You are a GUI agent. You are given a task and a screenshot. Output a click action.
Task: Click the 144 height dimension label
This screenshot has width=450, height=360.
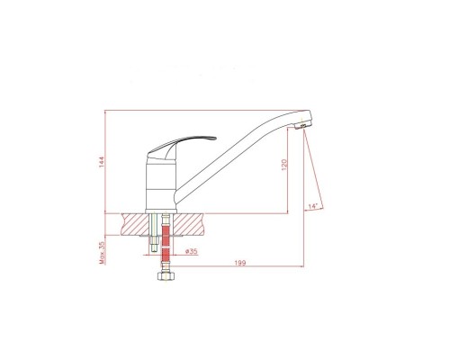click(x=102, y=162)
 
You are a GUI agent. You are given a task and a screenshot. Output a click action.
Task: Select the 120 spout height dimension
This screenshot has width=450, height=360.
click(x=284, y=165)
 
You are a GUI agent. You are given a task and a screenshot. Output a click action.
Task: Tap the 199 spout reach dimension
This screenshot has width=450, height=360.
click(x=240, y=263)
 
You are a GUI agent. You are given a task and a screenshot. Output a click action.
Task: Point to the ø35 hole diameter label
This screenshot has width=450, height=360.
click(x=192, y=251)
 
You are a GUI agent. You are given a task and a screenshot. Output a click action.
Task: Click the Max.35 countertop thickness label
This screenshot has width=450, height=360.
click(x=103, y=253)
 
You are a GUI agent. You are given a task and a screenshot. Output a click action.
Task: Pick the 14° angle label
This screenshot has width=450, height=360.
click(x=312, y=206)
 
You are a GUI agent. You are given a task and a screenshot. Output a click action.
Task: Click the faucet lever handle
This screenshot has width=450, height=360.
click(x=180, y=147)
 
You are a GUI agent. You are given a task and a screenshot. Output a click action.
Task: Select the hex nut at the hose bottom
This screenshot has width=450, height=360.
click(x=166, y=276)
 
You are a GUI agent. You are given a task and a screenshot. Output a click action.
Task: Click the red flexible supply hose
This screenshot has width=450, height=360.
click(x=166, y=243)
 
